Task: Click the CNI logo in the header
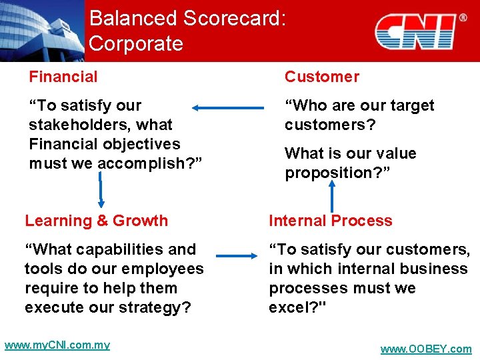[415, 31]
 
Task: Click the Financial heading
[63, 77]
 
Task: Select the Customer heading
[321, 77]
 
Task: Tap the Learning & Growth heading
[96, 221]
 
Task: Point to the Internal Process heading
[330, 221]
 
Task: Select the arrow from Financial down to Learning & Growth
[101, 188]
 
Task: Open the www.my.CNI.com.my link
[57, 345]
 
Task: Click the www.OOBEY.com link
[425, 349]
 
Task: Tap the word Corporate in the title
[135, 44]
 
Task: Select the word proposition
[327, 173]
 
